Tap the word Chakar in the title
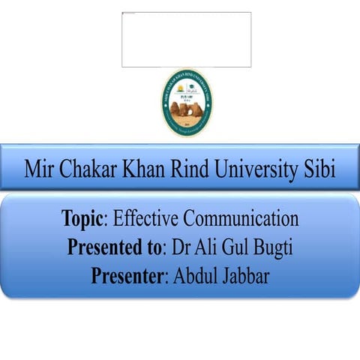(85, 169)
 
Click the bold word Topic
(83, 220)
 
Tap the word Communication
(241, 219)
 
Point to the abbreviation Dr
(179, 247)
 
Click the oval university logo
(186, 102)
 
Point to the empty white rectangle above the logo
(186, 39)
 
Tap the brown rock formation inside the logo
(186, 111)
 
